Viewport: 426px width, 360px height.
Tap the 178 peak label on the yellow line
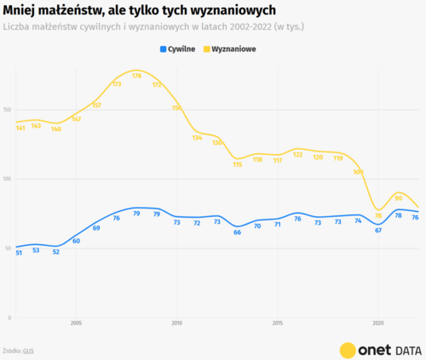136,76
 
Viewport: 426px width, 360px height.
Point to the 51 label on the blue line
19,253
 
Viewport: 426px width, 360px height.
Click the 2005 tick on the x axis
76,323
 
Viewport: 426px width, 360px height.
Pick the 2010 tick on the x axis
177,323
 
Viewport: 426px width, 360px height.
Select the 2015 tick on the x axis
278,323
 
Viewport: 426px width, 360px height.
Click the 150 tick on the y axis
8,110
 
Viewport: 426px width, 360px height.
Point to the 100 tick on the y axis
8,179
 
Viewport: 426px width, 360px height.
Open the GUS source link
29,350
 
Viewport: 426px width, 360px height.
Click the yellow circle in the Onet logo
348,349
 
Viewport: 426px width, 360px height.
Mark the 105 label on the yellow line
359,172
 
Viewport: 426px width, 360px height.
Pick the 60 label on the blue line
76,241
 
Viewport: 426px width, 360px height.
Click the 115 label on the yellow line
238,164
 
